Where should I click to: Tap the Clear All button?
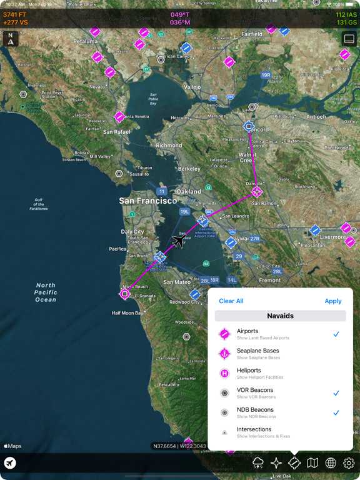231,301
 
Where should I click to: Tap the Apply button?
333,301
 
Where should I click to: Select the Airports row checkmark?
336,334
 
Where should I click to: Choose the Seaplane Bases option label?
257,351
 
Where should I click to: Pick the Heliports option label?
249,371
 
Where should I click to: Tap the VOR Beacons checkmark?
336,393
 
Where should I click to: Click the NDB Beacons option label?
255,410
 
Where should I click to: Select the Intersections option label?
254,430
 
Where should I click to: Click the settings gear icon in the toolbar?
349,463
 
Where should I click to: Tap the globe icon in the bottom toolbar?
331,463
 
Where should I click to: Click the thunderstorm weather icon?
258,463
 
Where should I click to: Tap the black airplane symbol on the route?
179,241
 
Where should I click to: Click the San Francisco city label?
148,201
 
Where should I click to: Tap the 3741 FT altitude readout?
15,14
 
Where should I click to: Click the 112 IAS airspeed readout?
346,14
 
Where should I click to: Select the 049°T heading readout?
180,14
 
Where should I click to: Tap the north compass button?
11,39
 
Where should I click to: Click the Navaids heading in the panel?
280,316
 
